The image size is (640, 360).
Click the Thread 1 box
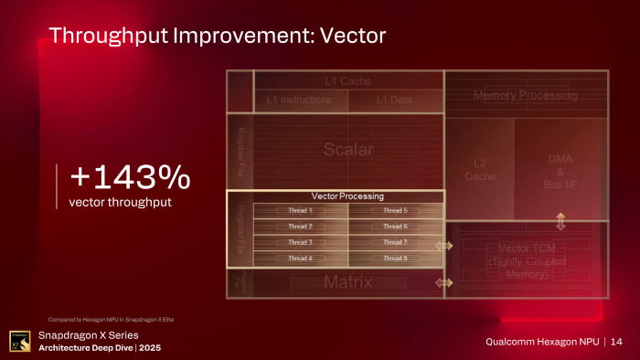pos(300,210)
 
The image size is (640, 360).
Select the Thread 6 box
pos(395,227)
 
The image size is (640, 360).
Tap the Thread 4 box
pos(300,259)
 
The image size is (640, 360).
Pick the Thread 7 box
pos(395,242)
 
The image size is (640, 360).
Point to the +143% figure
pos(129,176)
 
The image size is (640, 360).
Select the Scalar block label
pos(347,150)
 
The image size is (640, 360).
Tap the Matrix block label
pos(347,282)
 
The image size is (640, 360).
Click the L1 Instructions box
pos(299,99)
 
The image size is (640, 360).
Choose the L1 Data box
pos(394,99)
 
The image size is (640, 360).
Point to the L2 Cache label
pos(479,170)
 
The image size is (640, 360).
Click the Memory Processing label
pos(525,95)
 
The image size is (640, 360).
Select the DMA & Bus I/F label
pos(560,171)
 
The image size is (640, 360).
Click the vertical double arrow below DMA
pos(560,219)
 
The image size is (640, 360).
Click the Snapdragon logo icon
pos(18,341)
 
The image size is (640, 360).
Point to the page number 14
pos(617,342)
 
